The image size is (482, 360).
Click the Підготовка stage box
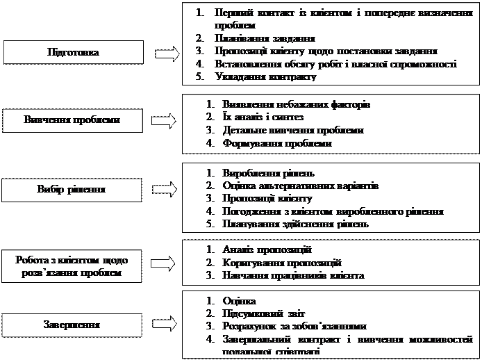pos(72,53)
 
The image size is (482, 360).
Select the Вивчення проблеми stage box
pos(72,120)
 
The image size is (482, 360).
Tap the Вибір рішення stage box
pos(72,189)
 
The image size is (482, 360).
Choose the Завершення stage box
pos(72,325)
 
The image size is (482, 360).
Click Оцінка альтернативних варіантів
pos(301,186)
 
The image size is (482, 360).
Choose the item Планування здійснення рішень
pos(295,224)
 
